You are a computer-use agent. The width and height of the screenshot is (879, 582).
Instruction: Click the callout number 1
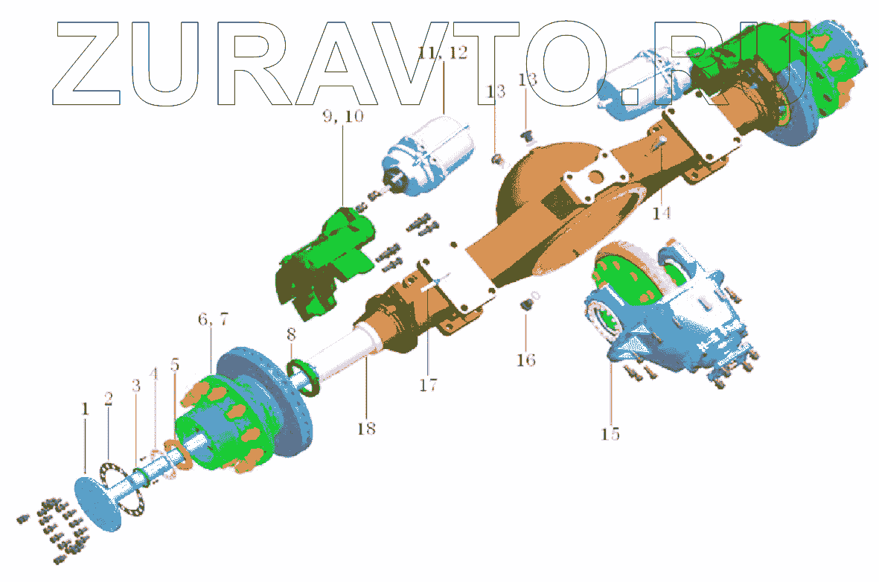point(85,409)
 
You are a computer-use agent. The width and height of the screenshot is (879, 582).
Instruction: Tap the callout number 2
point(109,400)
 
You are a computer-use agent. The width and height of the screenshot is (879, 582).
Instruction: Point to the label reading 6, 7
point(214,319)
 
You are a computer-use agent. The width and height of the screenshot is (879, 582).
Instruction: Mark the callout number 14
point(661,213)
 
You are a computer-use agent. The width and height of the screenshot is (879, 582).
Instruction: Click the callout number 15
point(610,433)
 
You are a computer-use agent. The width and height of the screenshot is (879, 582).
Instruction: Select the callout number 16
point(525,360)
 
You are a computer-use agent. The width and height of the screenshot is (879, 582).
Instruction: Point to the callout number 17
point(428,385)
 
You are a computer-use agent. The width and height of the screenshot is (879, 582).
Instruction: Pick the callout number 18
point(365,429)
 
